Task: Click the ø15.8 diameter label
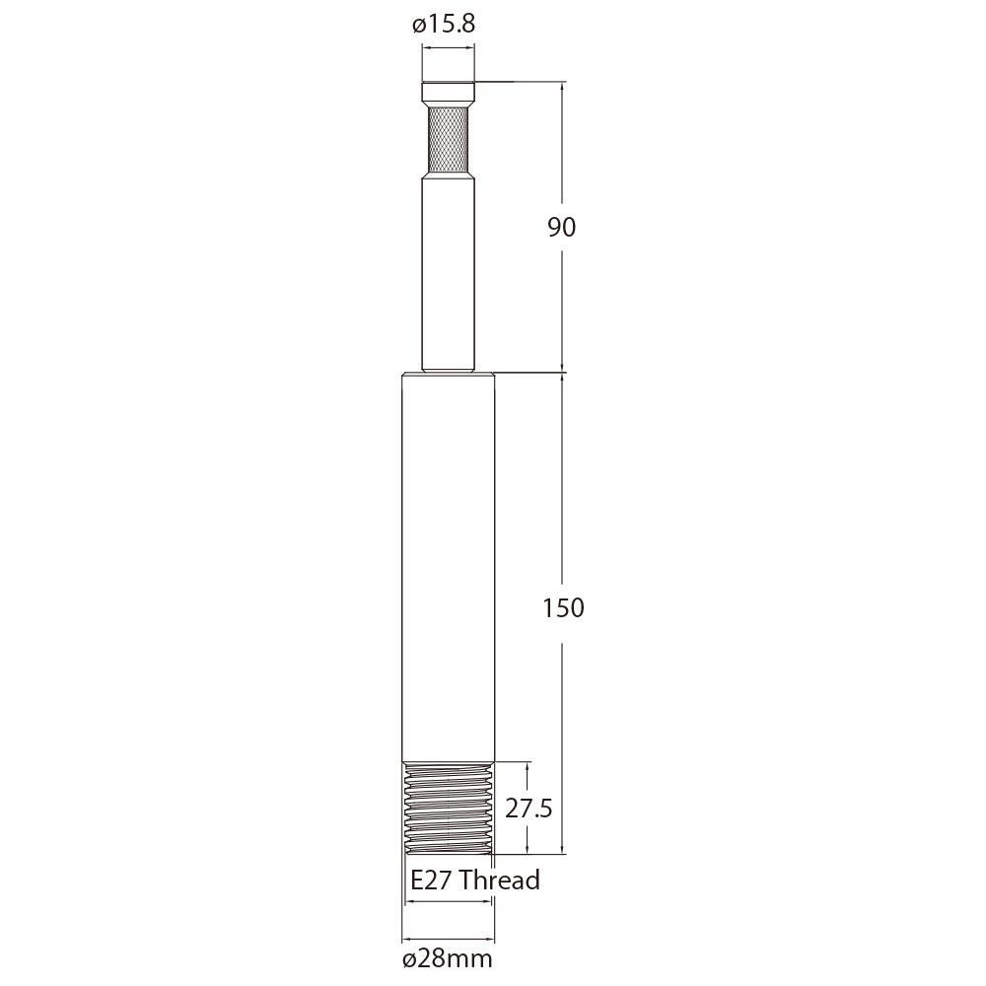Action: [x=444, y=26]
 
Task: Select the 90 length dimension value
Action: [x=561, y=227]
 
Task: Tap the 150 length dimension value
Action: [x=563, y=607]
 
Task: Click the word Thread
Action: [x=499, y=879]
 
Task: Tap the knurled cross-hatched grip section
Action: [x=449, y=138]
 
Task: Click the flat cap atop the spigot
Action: [x=449, y=93]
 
